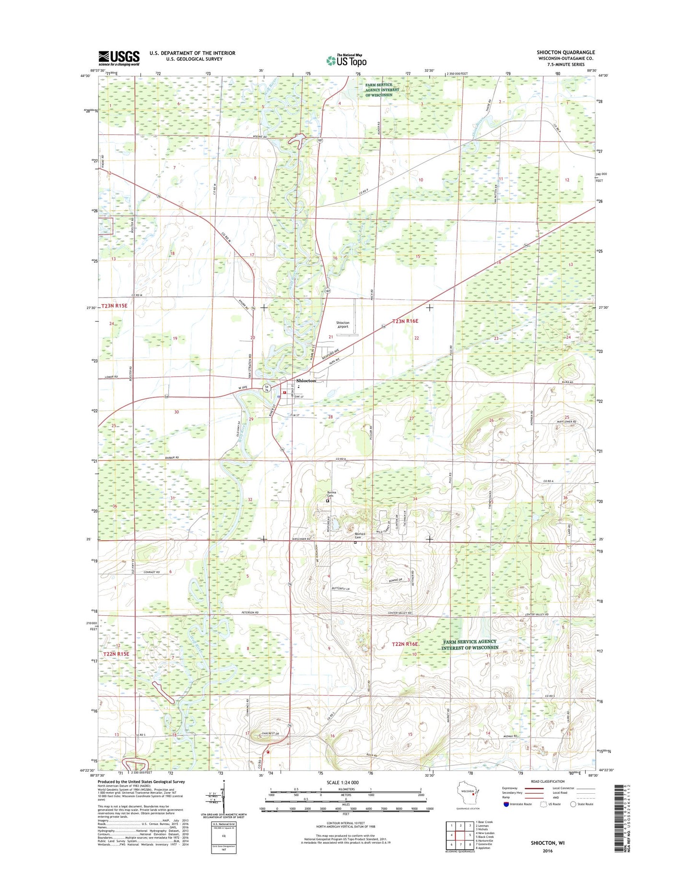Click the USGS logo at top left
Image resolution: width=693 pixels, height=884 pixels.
pos(119,58)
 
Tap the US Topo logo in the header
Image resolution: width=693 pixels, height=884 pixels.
pos(346,60)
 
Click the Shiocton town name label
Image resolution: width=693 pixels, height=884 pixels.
pos(306,381)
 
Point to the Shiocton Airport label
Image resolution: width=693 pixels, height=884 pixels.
pos(342,325)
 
